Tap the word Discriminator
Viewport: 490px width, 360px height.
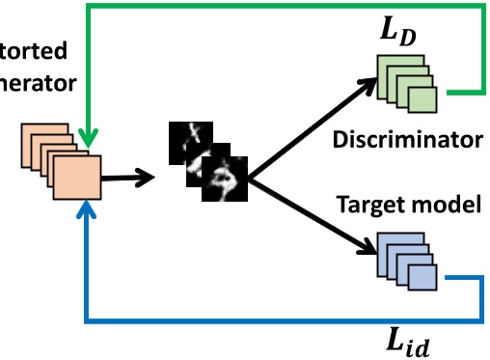pos(406,140)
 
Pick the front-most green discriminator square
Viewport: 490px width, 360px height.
pos(421,100)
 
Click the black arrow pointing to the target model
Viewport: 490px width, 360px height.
pos(309,220)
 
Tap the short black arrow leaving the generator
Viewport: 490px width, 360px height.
pos(129,177)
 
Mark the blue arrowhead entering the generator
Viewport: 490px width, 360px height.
pos(88,209)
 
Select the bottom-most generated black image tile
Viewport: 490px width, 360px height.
pos(225,180)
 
